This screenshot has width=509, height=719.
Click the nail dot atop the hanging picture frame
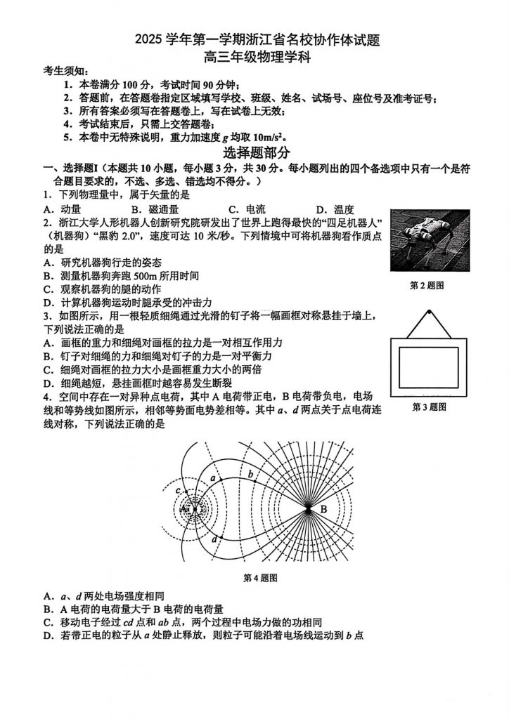[428, 312]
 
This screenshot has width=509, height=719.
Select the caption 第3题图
[428, 407]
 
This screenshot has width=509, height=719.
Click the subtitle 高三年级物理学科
[256, 58]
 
